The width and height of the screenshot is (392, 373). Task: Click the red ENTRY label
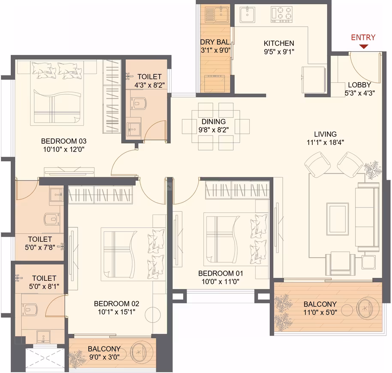363,37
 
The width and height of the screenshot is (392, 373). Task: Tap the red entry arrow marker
364,46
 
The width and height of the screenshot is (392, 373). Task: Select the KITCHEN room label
279,43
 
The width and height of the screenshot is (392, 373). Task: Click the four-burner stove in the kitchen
282,14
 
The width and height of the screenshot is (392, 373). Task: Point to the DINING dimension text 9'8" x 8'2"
214,130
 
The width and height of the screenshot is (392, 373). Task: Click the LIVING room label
325,134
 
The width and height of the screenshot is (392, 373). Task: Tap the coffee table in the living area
338,219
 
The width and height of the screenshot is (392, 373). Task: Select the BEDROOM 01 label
220,273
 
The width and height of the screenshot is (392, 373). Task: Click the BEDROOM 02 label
117,304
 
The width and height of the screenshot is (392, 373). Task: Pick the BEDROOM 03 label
64,141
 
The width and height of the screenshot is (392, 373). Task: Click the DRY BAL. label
215,42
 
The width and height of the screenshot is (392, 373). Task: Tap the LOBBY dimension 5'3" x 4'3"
360,93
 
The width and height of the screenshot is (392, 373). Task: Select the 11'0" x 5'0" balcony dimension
320,312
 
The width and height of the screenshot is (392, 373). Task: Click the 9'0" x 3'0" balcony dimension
104,357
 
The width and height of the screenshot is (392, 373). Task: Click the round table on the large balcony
347,310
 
